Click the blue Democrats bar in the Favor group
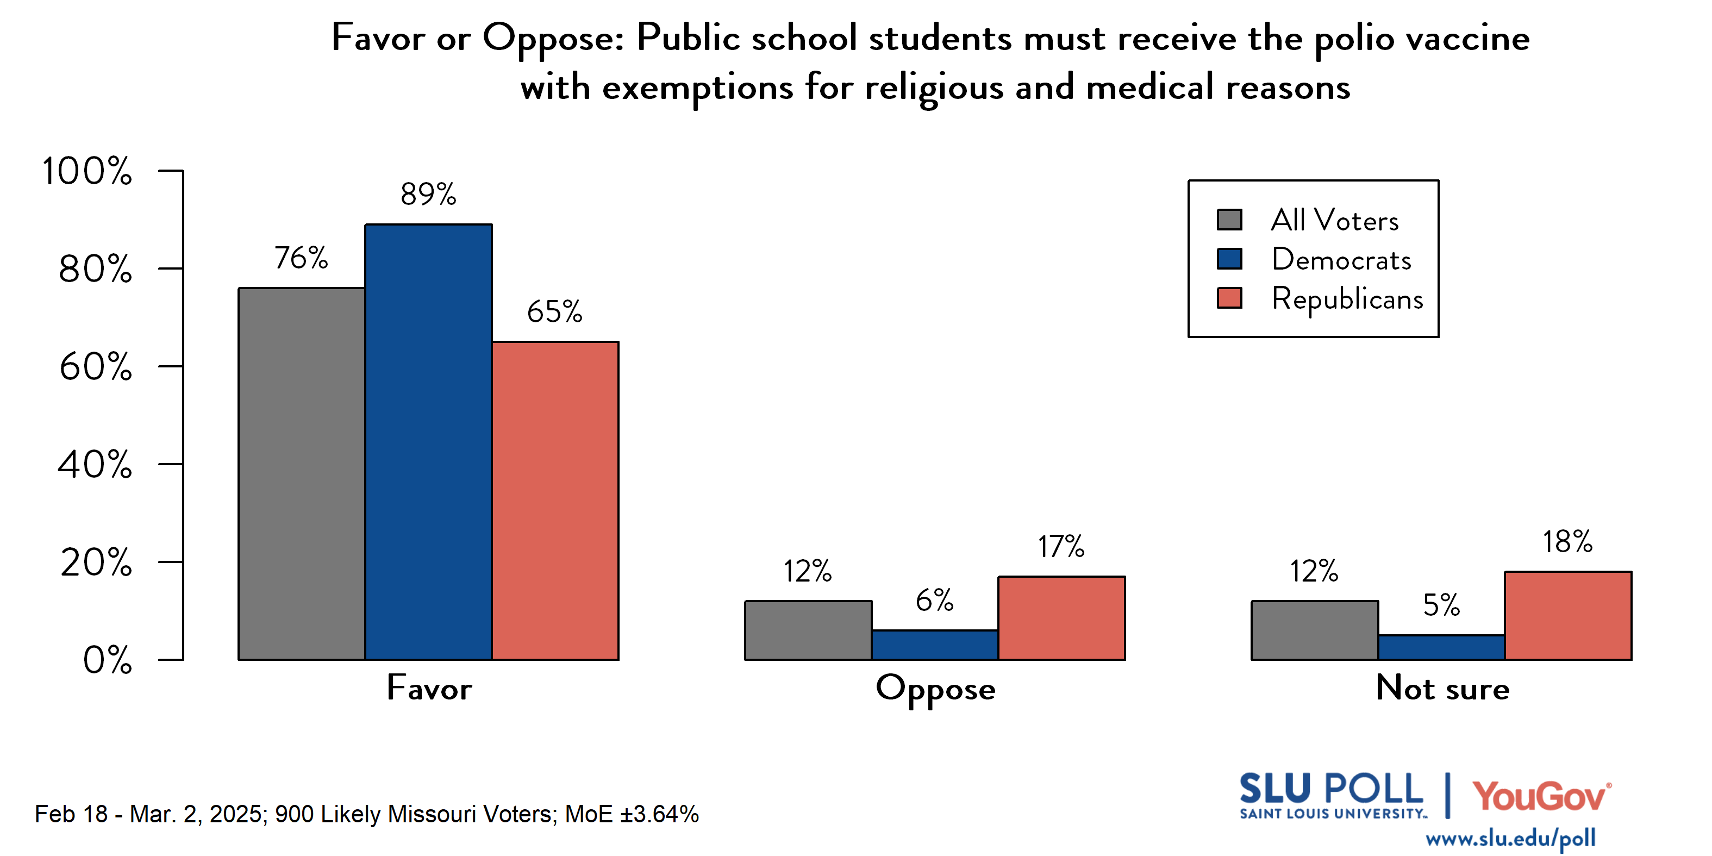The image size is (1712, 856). tap(428, 442)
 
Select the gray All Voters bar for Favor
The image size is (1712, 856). tap(301, 473)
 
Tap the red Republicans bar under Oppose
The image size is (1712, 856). tap(1061, 618)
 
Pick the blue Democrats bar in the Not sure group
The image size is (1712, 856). tap(1441, 647)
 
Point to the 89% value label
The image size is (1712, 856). tap(428, 194)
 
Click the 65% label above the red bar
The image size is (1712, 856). tap(554, 312)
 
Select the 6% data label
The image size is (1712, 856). tap(934, 600)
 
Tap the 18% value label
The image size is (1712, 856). tap(1567, 542)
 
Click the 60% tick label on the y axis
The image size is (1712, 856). tap(95, 367)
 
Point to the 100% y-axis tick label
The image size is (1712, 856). tap(86, 171)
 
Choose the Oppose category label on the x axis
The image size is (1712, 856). tap(935, 689)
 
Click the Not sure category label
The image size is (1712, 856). tap(1442, 689)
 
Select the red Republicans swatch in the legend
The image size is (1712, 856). tap(1229, 298)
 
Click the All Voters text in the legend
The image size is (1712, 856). tap(1334, 220)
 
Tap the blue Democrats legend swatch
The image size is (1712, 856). tap(1229, 259)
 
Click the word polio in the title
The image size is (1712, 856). tap(1354, 39)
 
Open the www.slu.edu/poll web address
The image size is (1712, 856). tap(1510, 838)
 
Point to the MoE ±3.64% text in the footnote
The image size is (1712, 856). tap(632, 814)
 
